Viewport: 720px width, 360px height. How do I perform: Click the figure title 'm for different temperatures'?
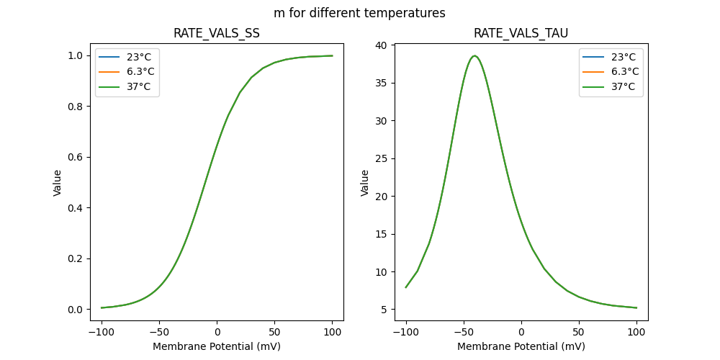359,13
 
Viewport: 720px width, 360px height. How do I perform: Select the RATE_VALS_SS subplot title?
217,33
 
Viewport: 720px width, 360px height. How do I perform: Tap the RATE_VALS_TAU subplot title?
521,33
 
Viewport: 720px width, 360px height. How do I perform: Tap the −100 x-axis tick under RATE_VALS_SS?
102,332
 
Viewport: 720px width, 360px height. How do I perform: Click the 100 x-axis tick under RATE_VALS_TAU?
636,332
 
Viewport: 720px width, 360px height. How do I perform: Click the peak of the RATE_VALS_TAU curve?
474,56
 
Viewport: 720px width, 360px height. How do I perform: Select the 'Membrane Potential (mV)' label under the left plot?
217,346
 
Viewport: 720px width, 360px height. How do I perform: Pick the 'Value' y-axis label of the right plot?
365,183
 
